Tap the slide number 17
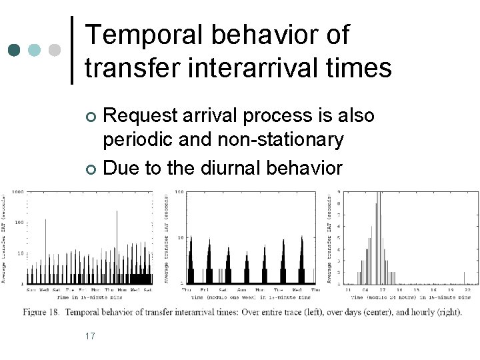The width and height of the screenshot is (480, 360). (x=90, y=335)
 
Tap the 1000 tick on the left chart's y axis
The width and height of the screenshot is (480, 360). (x=16, y=192)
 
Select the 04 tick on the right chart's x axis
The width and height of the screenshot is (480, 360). (x=366, y=290)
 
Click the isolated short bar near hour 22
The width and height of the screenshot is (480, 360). (x=464, y=277)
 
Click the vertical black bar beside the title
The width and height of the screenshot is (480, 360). (x=72, y=50)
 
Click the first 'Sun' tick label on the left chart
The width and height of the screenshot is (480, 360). (x=30, y=290)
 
